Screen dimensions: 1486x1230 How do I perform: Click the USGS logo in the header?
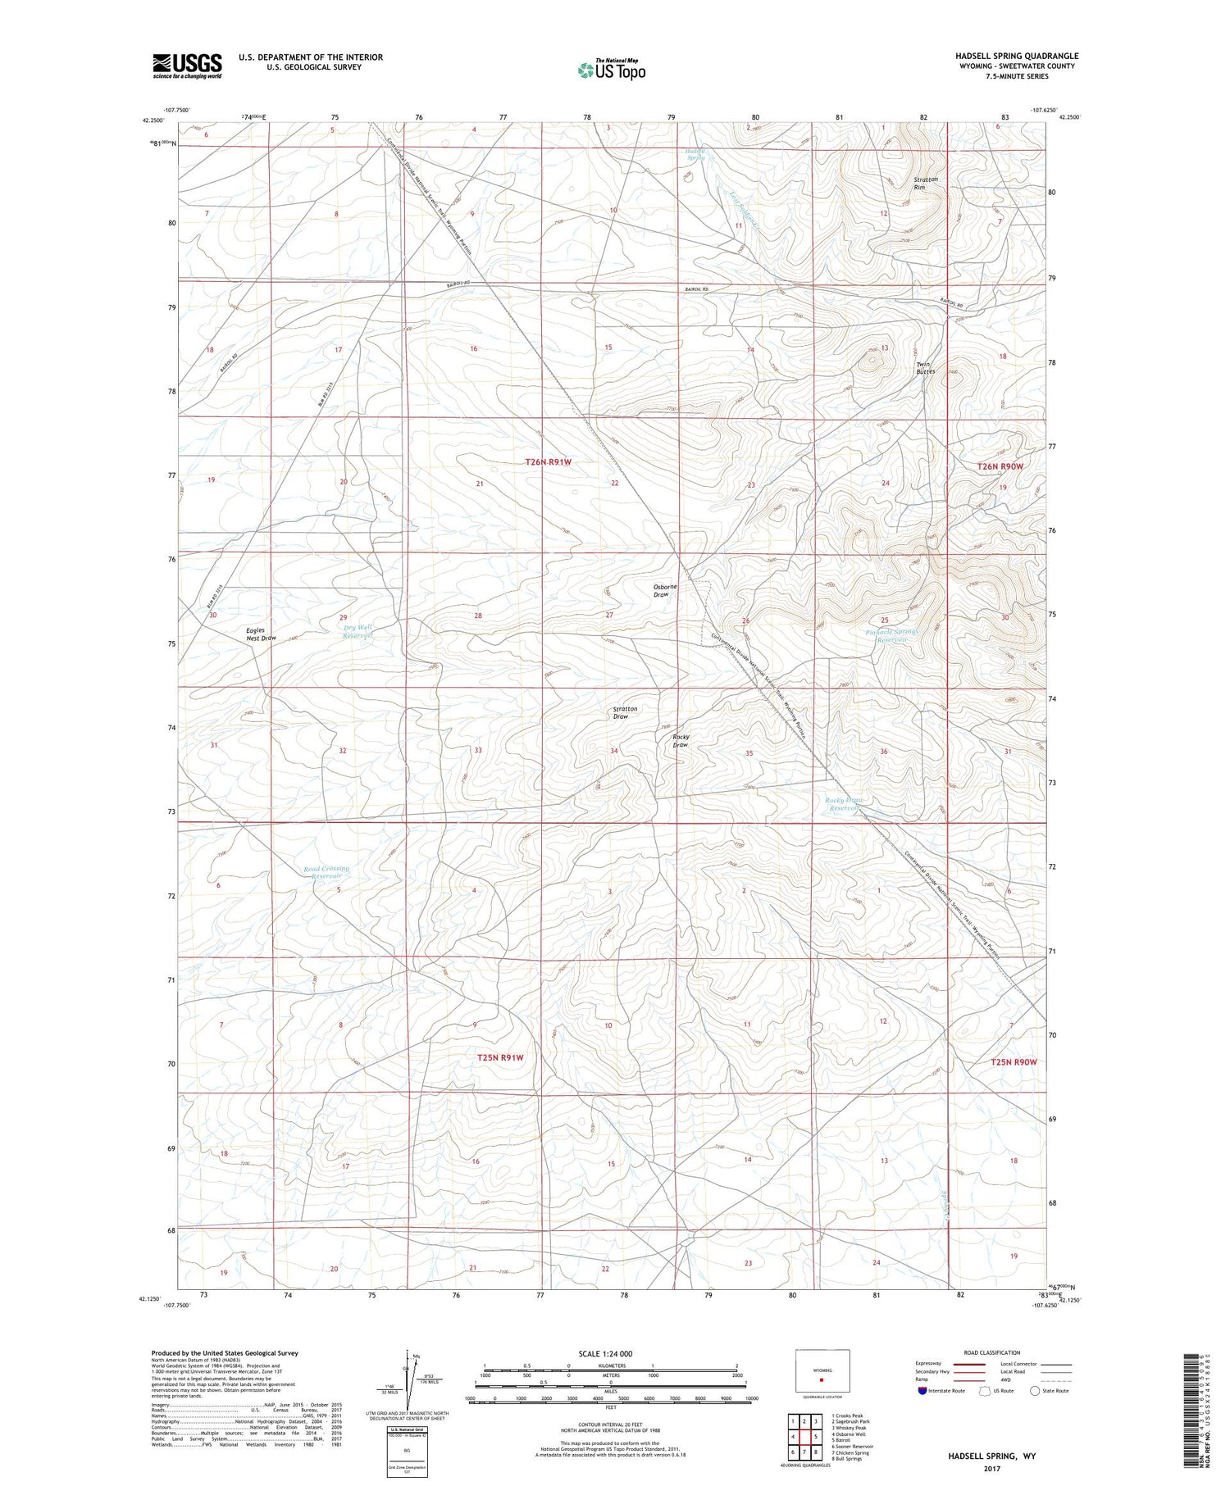tap(187, 66)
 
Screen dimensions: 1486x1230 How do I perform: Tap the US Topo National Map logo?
tap(611, 70)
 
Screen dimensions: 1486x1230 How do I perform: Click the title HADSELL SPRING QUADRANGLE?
tap(1017, 56)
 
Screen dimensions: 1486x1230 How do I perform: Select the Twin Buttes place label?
tap(925, 368)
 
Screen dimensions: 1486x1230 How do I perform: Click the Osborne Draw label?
tap(665, 590)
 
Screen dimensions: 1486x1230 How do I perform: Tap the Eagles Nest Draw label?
tap(262, 634)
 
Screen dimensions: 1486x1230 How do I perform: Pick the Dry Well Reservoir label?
tap(358, 632)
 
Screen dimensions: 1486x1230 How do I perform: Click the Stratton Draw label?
tap(625, 712)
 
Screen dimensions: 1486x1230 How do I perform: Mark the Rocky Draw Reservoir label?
tap(844, 804)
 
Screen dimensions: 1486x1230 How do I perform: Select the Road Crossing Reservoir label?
tap(326, 872)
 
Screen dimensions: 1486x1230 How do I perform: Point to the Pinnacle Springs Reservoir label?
tap(892, 636)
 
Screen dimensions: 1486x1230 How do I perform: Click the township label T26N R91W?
tap(548, 462)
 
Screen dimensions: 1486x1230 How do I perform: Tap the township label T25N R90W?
tap(1014, 1062)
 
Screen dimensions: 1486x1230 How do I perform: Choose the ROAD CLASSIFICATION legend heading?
tap(992, 1352)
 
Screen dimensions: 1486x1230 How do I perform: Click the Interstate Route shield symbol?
tap(923, 1390)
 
